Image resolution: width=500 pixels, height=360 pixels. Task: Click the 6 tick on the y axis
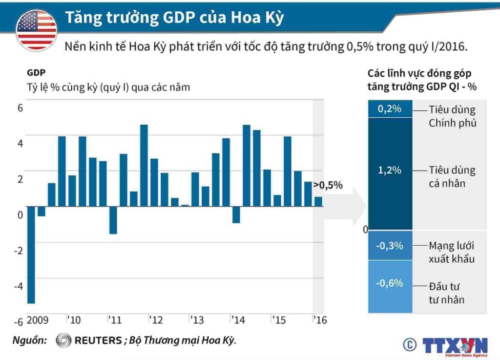coord(20,108)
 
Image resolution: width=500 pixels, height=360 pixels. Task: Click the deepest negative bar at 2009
coord(31,254)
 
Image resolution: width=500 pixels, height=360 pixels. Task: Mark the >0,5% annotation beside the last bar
coord(328,185)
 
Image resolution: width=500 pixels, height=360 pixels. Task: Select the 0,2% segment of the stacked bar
coord(390,109)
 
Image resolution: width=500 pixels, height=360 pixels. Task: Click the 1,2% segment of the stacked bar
coord(390,171)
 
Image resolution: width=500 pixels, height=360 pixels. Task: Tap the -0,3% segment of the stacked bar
coord(390,246)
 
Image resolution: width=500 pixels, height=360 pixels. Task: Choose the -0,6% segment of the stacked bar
coord(390,283)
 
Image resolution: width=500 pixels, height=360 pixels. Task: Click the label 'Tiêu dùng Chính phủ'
coord(452,116)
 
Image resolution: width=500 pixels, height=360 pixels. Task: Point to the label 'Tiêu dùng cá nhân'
coord(452,177)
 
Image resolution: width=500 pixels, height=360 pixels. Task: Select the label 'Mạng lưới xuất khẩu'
coord(451,252)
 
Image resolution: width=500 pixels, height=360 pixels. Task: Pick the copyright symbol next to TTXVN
coord(409,344)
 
